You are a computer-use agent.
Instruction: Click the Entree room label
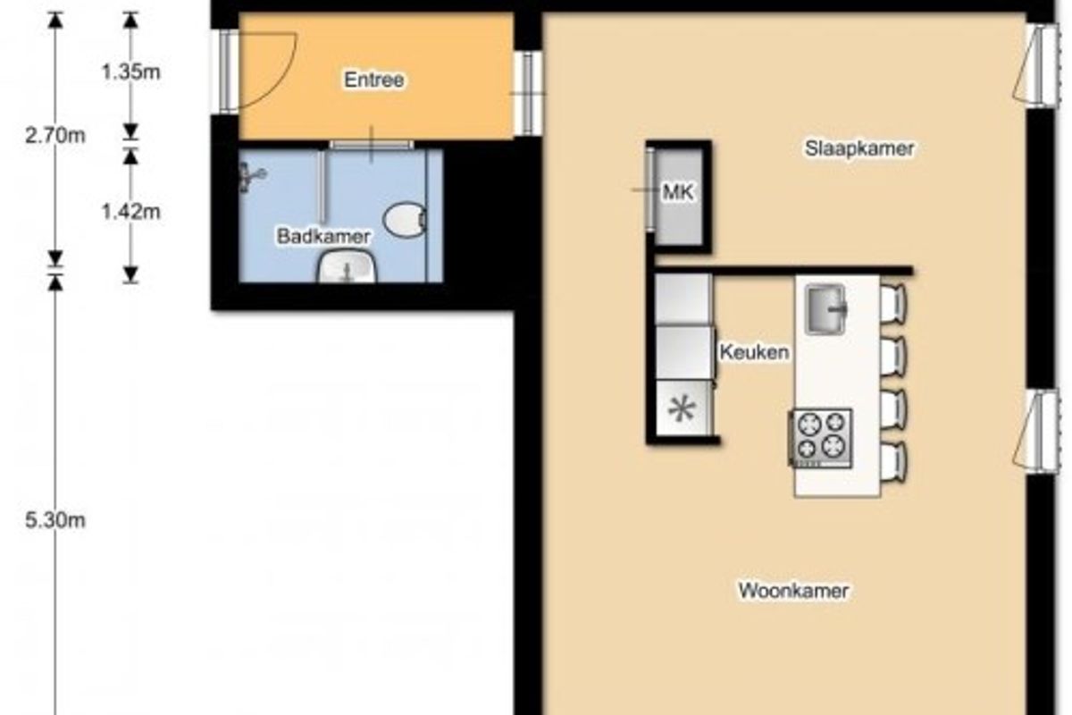373,80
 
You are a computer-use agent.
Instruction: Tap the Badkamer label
323,236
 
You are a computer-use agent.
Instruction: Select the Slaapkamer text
859,148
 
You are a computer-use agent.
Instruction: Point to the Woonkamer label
793,591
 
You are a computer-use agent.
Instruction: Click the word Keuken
754,352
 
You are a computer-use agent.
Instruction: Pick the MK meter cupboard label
678,192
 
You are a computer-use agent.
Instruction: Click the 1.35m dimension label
130,72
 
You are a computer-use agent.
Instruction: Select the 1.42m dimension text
130,211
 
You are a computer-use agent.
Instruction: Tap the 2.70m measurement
55,136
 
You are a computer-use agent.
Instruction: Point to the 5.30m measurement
55,520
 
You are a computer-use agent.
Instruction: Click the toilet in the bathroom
405,220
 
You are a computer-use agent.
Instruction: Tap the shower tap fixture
252,176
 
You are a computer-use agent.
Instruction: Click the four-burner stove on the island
820,438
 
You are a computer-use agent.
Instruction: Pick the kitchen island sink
825,309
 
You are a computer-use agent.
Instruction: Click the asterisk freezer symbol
682,409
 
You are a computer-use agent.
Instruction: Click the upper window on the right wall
1036,67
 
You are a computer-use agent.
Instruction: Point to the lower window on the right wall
1036,432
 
